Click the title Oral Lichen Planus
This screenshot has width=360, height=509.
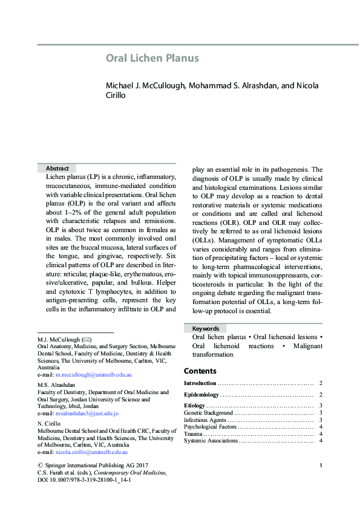152,59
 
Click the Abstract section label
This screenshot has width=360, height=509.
57,168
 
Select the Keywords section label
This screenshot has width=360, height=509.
201,328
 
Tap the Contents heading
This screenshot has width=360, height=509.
200,371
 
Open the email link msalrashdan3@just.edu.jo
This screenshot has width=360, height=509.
87,413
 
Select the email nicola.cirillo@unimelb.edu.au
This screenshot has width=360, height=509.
91,452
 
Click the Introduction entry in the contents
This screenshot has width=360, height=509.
200,384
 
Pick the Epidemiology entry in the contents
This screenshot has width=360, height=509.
201,395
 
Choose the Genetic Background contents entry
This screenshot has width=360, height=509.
208,412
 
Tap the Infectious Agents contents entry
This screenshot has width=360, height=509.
205,420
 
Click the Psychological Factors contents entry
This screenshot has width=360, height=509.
210,427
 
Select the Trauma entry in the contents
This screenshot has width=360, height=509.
194,434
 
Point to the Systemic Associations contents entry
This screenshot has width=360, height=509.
211,441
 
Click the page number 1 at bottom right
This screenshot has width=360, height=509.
320,465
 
